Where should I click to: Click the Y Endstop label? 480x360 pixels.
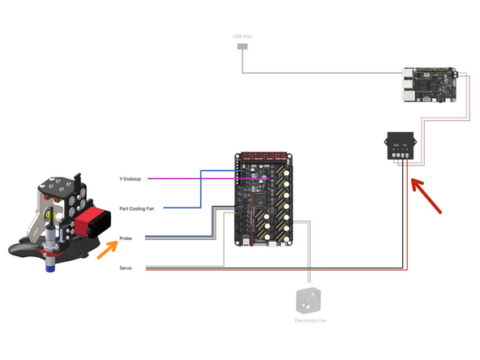[128, 178]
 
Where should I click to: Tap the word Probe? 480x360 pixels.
[126, 238]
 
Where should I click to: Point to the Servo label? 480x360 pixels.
[125, 268]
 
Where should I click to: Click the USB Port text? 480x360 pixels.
[242, 37]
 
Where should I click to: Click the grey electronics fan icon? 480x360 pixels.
[309, 299]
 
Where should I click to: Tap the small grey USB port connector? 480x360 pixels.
[242, 48]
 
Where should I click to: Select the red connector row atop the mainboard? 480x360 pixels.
[261, 155]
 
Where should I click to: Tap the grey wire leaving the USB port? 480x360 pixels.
[324, 74]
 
